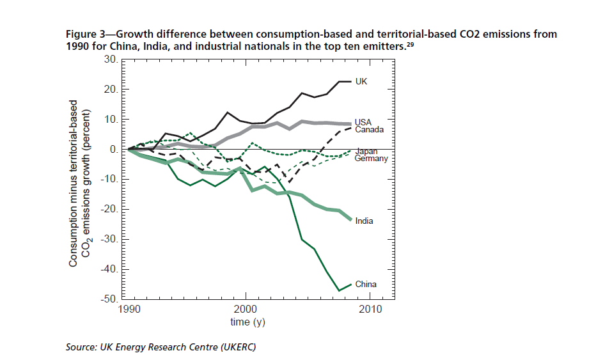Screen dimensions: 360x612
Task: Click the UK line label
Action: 361,82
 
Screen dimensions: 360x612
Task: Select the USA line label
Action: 363,121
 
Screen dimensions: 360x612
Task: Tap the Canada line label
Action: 369,129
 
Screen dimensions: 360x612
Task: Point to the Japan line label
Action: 366,152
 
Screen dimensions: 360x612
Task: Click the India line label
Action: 364,221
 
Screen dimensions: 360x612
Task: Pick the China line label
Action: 366,284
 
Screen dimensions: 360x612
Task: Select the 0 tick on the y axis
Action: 115,150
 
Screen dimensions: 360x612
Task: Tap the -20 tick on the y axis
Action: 110,209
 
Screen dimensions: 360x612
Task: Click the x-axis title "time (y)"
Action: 247,322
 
